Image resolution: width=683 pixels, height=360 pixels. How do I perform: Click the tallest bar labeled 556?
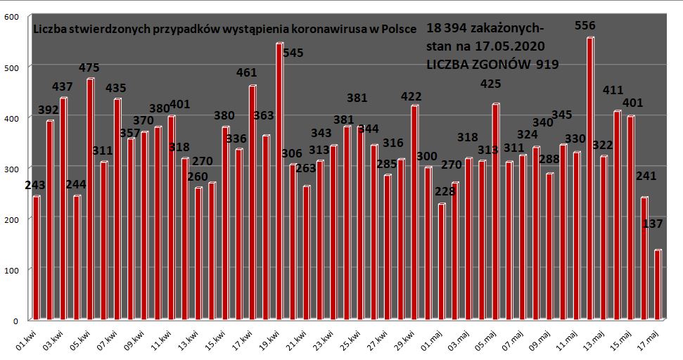(589, 179)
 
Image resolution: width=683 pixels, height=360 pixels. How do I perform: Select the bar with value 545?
(279, 181)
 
